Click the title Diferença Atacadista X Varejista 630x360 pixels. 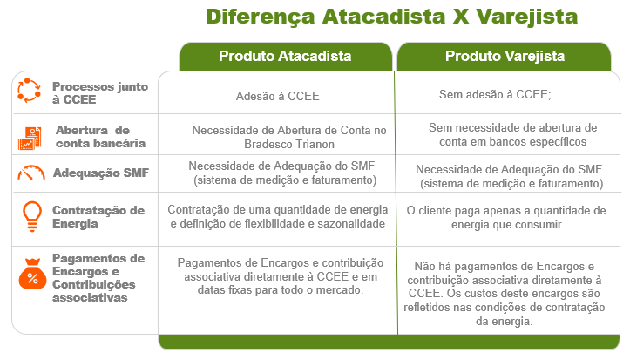click(x=392, y=17)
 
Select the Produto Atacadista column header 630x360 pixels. click(x=285, y=57)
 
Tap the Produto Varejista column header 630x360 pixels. click(x=505, y=57)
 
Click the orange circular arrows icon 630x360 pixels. click(x=29, y=91)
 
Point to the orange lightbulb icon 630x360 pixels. click(x=32, y=216)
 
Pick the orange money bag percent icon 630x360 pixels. click(x=32, y=274)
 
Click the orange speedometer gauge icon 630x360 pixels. click(x=31, y=173)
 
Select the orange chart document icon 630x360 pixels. click(x=30, y=139)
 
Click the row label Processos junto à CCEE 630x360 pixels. click(x=100, y=92)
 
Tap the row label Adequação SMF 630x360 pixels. click(x=101, y=173)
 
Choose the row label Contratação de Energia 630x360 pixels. click(x=98, y=216)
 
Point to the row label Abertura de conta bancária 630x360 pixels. click(x=100, y=137)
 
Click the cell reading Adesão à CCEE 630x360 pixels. click(x=278, y=96)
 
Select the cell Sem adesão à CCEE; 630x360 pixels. click(x=495, y=94)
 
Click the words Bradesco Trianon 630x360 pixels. click(x=289, y=144)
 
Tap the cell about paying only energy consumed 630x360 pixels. click(x=506, y=217)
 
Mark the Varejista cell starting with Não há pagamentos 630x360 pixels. click(x=505, y=294)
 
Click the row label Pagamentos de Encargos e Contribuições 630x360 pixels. click(x=98, y=278)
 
